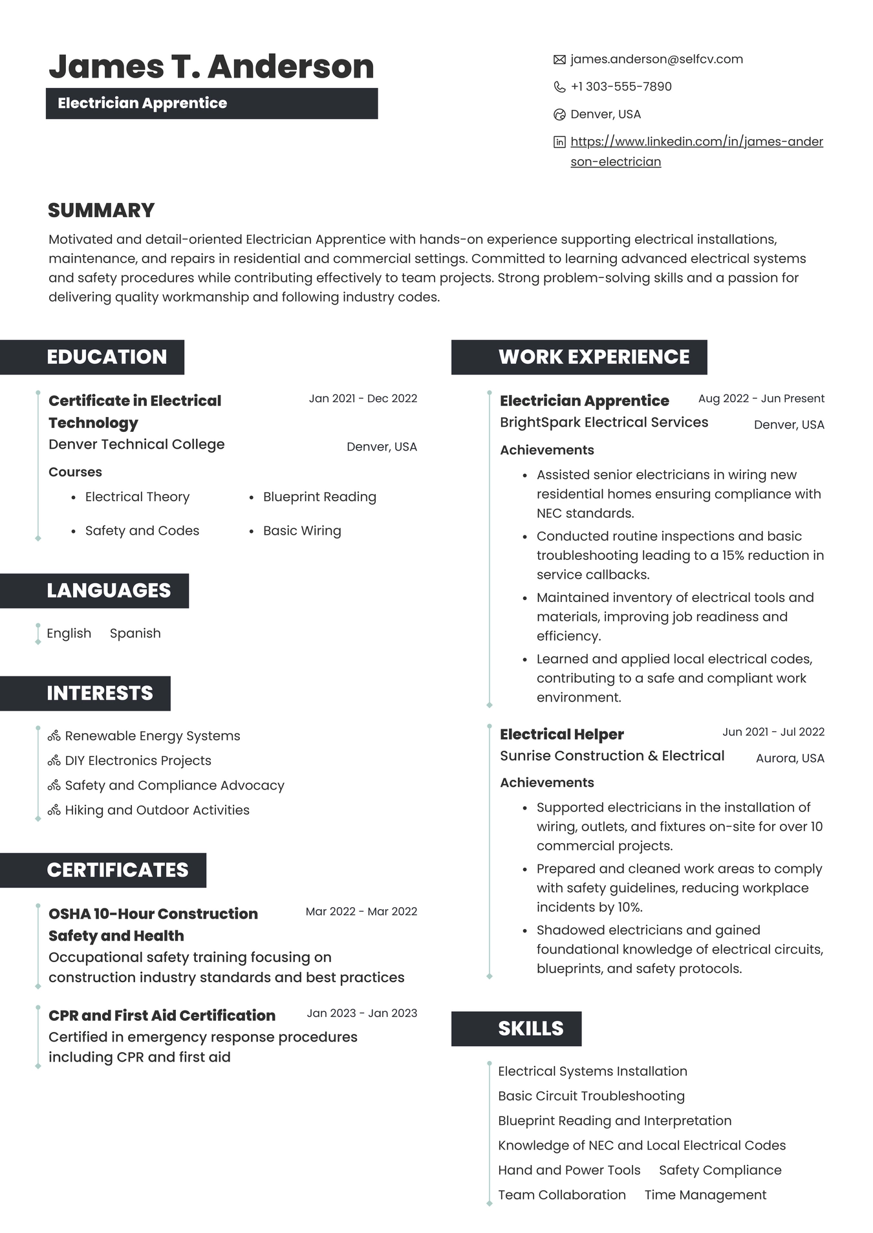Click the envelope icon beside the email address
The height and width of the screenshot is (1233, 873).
(x=559, y=59)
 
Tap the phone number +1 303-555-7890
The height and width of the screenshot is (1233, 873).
(x=621, y=87)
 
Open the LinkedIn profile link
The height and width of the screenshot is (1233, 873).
(x=696, y=142)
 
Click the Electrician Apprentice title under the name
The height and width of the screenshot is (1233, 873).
(x=142, y=103)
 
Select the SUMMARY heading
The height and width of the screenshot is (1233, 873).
(x=102, y=210)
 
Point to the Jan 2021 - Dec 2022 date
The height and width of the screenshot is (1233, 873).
(x=363, y=398)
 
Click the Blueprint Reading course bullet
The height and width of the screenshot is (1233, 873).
(x=319, y=497)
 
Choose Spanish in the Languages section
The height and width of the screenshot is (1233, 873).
(x=135, y=633)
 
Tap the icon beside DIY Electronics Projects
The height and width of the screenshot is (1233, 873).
(x=54, y=761)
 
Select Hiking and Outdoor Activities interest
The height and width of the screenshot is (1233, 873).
(x=157, y=810)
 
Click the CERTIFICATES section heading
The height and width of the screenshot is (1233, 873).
(x=117, y=870)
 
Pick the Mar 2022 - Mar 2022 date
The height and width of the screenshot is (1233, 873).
(x=361, y=911)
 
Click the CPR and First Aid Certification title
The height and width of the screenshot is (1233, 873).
(x=162, y=1015)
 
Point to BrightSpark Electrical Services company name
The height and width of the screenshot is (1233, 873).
(x=604, y=422)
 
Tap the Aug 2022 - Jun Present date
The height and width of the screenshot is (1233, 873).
(x=761, y=398)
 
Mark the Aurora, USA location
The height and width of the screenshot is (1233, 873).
(x=790, y=758)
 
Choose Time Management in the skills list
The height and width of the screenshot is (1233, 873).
(x=705, y=1195)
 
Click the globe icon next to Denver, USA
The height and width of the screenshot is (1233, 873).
(x=559, y=114)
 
